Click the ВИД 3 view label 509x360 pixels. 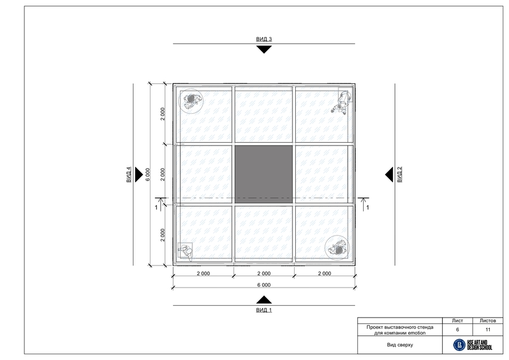pos(264,39)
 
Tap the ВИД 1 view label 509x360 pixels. pos(264,310)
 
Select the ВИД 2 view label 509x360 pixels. pos(400,174)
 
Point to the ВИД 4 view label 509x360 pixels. pos(128,174)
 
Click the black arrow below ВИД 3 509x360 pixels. pos(264,49)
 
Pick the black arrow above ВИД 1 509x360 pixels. pos(264,300)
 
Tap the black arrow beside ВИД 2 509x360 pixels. pos(389,174)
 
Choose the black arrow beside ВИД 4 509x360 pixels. pos(139,174)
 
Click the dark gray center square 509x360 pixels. pos(264,174)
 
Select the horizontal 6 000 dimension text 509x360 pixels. pos(264,285)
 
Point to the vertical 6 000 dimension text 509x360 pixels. pos(148,174)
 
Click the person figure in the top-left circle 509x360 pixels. pos(191,101)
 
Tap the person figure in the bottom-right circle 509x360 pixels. pos(338,248)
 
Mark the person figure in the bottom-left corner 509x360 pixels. pos(186,252)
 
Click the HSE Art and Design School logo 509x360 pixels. pos(473,345)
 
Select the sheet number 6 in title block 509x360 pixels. pos(458,329)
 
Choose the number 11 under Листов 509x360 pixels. pos(488,329)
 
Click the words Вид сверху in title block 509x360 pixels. pos(400,345)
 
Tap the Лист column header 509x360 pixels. pos(458,320)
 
